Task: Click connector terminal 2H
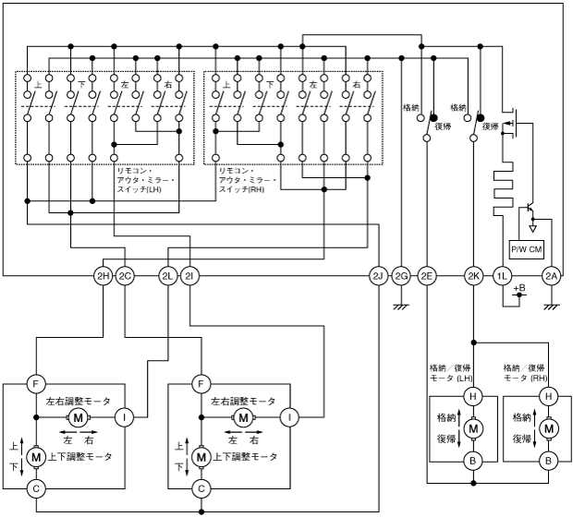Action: [x=103, y=275]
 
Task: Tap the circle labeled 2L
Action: [x=168, y=275]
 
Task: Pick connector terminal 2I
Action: [x=189, y=275]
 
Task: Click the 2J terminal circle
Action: [x=377, y=275]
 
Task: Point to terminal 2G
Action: [x=401, y=275]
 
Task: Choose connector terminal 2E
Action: [x=426, y=275]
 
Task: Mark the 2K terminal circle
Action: [x=474, y=275]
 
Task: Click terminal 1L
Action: [x=502, y=275]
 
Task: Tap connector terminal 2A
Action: [x=551, y=275]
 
